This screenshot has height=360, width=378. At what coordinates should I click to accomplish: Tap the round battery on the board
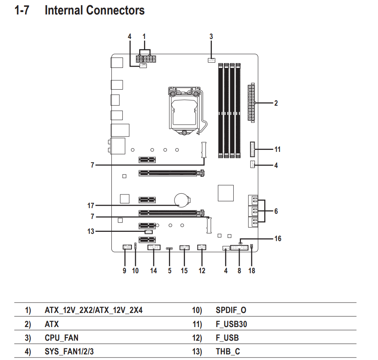182,200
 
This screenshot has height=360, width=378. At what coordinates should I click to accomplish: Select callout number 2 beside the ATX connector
276,103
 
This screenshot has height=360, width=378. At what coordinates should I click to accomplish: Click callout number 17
90,205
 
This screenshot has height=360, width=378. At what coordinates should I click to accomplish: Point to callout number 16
278,238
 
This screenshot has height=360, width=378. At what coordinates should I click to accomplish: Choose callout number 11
277,149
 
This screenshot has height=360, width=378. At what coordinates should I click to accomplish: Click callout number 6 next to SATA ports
276,211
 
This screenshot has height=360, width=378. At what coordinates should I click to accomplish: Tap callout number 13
90,231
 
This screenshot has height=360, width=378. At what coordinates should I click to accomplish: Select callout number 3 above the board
211,37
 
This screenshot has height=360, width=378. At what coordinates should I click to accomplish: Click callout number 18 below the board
252,271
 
